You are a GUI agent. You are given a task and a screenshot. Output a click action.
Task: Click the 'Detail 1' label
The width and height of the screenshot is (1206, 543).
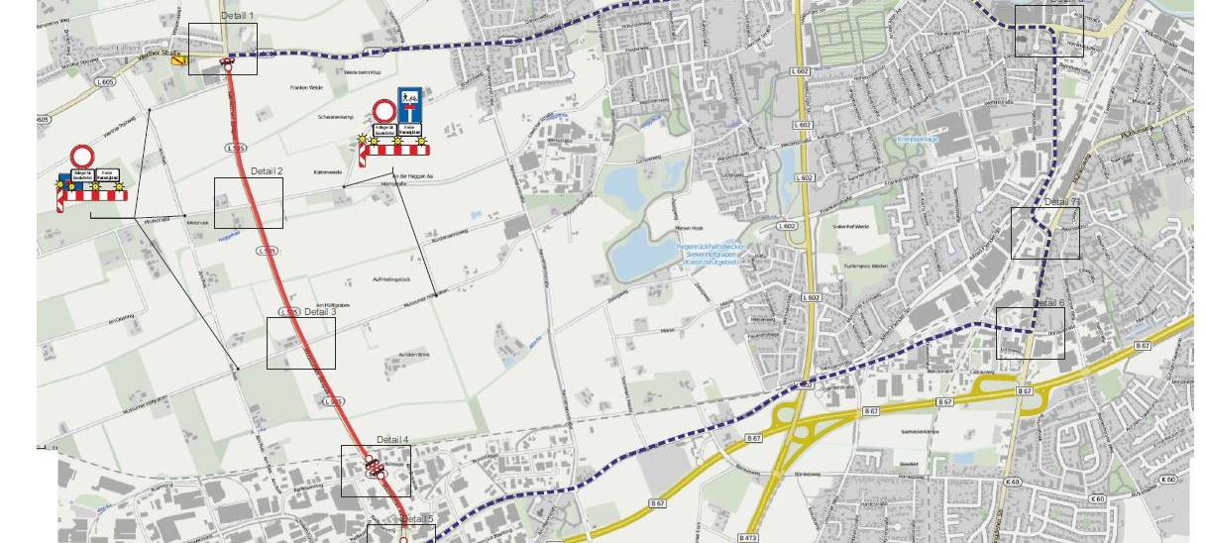coord(238,16)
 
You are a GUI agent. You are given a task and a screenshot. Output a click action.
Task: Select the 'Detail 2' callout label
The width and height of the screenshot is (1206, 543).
coord(267,171)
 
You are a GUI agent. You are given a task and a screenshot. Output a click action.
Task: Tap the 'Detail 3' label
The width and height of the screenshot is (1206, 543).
coord(320,312)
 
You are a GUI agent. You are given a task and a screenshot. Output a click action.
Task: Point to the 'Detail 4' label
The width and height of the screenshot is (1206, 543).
coord(392,439)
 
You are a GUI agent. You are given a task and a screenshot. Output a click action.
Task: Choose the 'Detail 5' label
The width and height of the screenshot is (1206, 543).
coord(417,519)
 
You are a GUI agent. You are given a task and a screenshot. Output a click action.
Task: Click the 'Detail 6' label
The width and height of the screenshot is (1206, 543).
coord(1048,303)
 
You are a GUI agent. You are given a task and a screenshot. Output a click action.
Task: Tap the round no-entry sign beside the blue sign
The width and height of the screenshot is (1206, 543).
coord(384,111)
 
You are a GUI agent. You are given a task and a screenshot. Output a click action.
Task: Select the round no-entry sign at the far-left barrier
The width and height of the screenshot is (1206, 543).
coord(81,157)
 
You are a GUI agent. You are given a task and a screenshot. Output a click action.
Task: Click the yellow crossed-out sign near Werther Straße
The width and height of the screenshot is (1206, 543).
coord(179,60)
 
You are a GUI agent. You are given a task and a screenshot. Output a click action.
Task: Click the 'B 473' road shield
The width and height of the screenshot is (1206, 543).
coord(749,537)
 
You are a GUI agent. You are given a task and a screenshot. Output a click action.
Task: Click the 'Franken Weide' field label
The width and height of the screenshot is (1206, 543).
coord(307,88)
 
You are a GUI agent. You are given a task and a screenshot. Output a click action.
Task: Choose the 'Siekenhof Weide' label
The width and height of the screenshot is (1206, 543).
coord(851,227)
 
